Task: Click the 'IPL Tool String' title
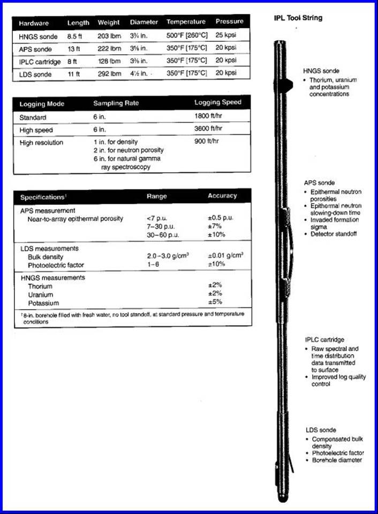[x=298, y=18]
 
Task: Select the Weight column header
[x=109, y=23]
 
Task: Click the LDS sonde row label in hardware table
[x=35, y=74]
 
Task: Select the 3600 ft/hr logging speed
[x=209, y=129]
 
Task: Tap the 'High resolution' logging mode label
[x=41, y=142]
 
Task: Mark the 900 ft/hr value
[x=207, y=142]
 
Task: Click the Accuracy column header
[x=222, y=196]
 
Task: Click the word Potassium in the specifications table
[x=44, y=303]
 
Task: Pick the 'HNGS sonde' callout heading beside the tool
[x=321, y=71]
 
